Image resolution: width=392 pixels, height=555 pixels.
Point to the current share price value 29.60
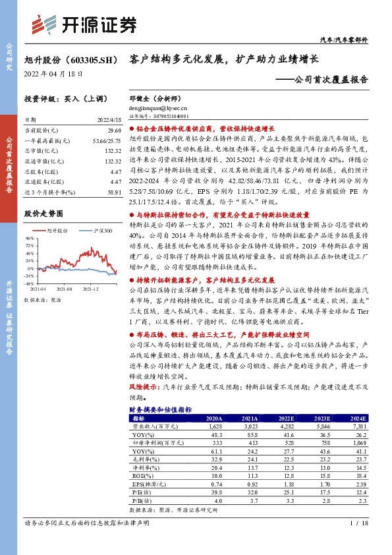(114, 131)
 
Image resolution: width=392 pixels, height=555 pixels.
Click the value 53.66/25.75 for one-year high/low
(108, 141)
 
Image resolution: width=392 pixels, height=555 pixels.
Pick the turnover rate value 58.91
(114, 191)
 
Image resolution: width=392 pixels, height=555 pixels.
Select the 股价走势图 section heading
(44, 213)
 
